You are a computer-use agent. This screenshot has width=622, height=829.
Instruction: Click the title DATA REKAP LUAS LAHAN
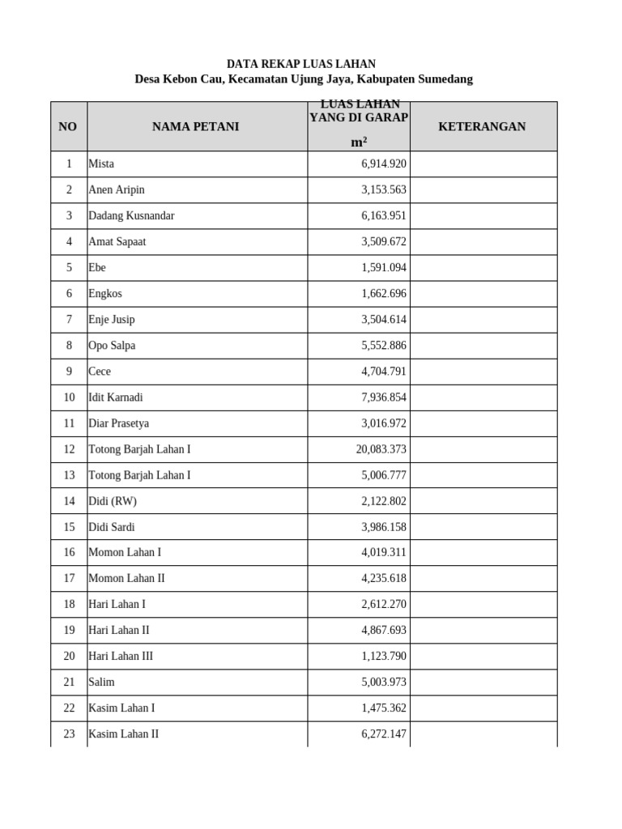[x=300, y=64]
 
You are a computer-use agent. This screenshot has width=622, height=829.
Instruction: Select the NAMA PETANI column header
[x=195, y=126]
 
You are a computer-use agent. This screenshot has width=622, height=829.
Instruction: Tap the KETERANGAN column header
[x=482, y=126]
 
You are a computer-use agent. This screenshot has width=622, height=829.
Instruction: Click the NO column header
[x=68, y=126]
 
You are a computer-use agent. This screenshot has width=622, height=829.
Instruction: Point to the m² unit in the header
[x=358, y=142]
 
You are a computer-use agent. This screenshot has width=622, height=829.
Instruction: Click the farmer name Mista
[x=101, y=164]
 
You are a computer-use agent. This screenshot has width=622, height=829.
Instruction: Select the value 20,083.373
[x=381, y=449]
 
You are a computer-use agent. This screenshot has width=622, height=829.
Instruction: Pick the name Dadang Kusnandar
[x=131, y=215]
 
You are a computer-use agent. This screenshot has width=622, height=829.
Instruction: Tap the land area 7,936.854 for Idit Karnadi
[x=383, y=397]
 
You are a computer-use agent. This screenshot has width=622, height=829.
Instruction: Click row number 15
[x=69, y=527]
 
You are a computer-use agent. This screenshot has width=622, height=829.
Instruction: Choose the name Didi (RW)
[x=113, y=501]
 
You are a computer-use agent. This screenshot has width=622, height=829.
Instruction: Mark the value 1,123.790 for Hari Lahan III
[x=383, y=657]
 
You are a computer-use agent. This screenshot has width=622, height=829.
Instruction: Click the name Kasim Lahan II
[x=123, y=734]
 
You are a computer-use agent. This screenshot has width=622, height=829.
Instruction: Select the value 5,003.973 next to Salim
[x=383, y=682]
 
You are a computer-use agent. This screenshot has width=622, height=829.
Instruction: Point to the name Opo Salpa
[x=112, y=346]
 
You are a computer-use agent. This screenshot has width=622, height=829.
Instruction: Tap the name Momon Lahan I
[x=125, y=553]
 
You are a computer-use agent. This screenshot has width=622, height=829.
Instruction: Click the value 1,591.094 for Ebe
[x=383, y=268]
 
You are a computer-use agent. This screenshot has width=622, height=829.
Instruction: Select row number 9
[x=69, y=372]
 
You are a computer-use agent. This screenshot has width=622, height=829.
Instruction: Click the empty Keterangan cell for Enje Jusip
[x=483, y=320]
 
